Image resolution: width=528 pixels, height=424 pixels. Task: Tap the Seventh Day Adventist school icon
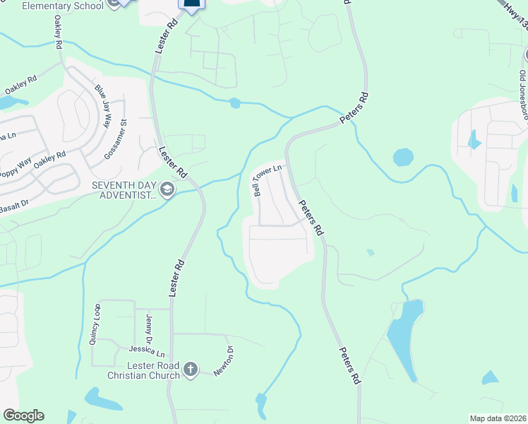[167, 189]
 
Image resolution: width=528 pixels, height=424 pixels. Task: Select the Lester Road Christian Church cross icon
[190, 370]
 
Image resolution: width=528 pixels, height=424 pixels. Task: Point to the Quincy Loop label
[95, 324]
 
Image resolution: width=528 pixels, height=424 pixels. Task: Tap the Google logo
[23, 416]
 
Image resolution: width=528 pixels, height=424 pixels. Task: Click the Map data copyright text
[498, 418]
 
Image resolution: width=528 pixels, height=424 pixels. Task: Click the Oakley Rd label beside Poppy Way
[49, 161]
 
